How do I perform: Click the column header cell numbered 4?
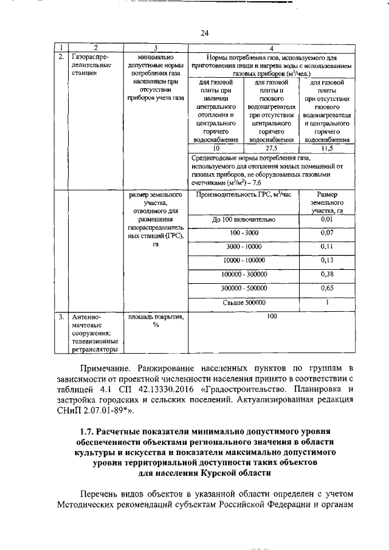(271, 47)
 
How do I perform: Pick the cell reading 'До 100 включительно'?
(244, 219)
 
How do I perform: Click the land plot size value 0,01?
(327, 219)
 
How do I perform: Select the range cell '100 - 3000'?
(244, 233)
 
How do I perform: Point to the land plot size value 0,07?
(327, 233)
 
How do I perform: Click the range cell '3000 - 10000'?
(244, 247)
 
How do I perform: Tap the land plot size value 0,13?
(327, 261)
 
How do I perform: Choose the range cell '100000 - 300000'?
(244, 275)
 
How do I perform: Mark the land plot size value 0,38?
(327, 275)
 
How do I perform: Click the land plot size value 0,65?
(327, 289)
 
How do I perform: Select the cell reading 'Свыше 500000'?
(244, 302)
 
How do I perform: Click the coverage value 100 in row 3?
(271, 317)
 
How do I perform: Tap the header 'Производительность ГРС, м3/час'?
(244, 194)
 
